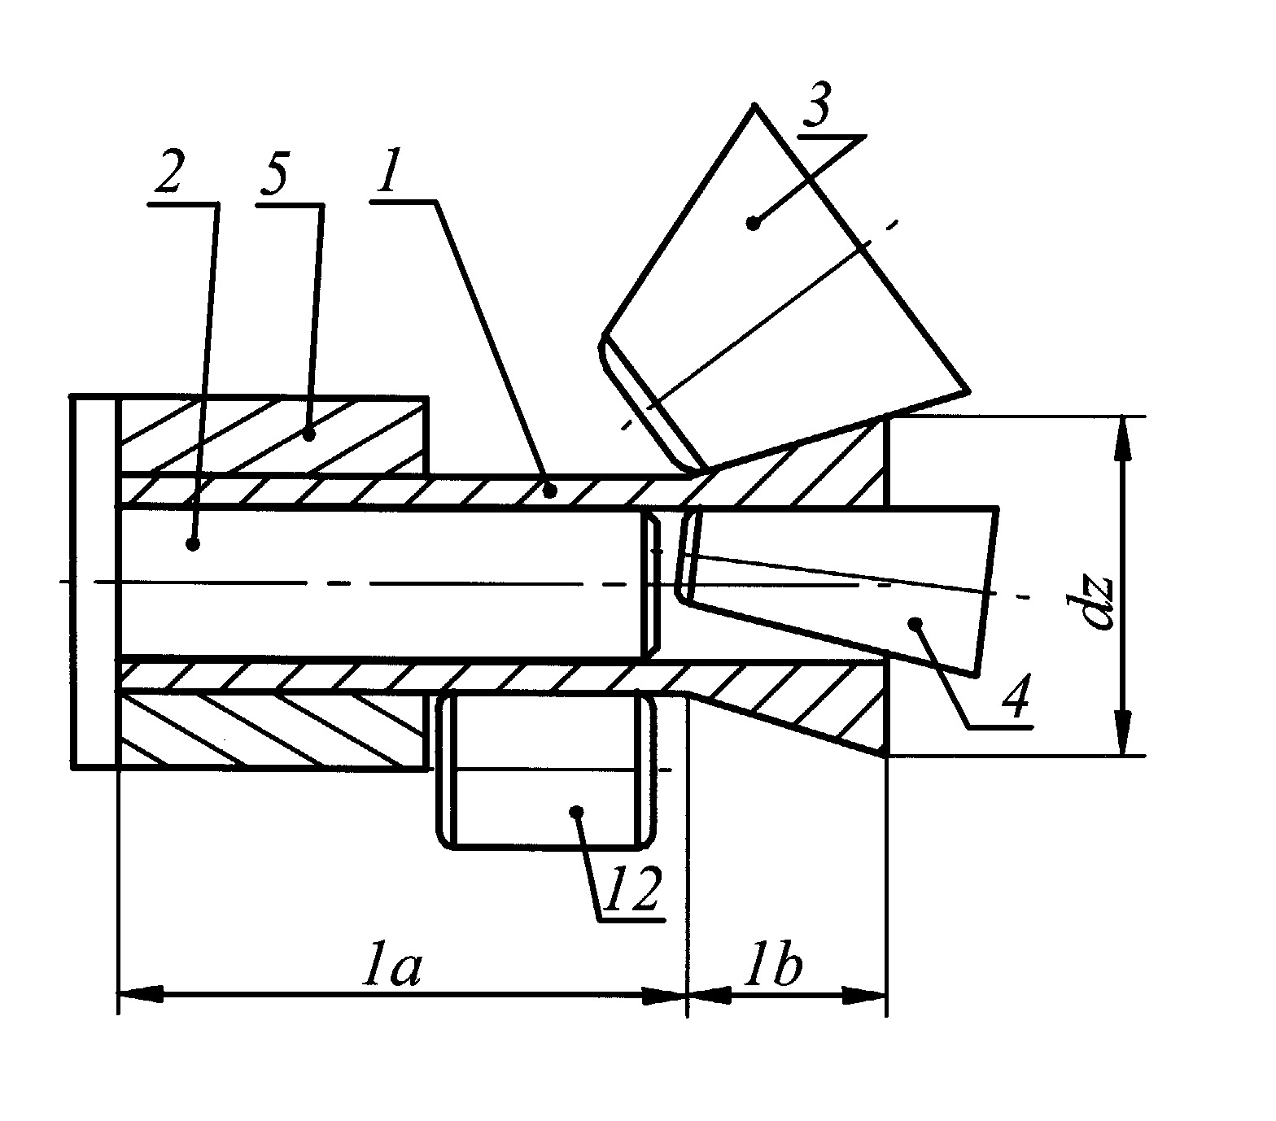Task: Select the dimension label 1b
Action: pos(776,967)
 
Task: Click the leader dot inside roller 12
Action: pos(576,810)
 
